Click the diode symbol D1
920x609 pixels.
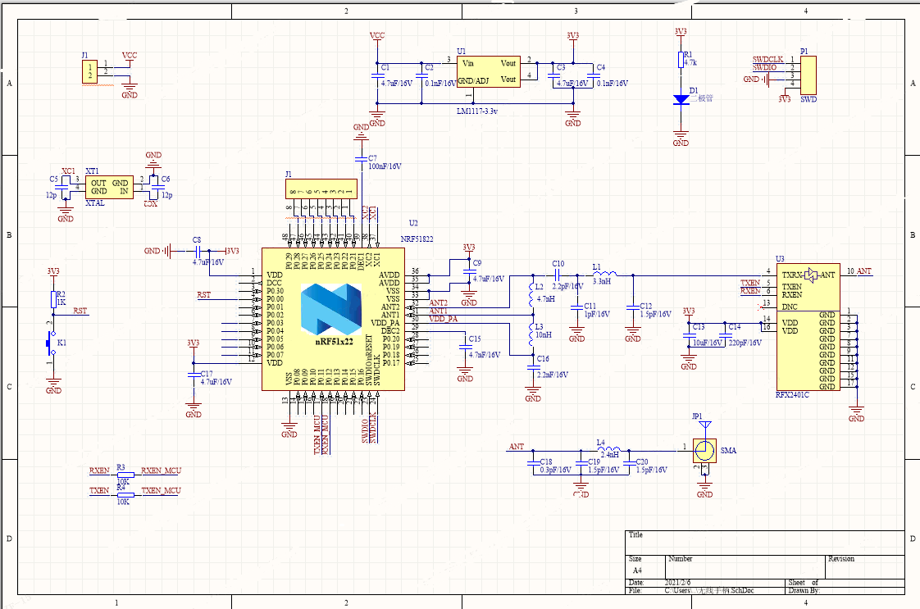point(681,99)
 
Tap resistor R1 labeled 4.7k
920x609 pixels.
point(680,59)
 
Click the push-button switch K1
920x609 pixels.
point(52,345)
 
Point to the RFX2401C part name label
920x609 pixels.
point(792,395)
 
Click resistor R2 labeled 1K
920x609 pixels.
point(53,298)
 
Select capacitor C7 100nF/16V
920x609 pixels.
point(361,157)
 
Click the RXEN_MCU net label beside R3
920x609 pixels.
point(161,470)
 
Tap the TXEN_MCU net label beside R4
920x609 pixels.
point(161,490)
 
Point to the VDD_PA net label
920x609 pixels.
point(443,318)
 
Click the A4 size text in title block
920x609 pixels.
point(637,570)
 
